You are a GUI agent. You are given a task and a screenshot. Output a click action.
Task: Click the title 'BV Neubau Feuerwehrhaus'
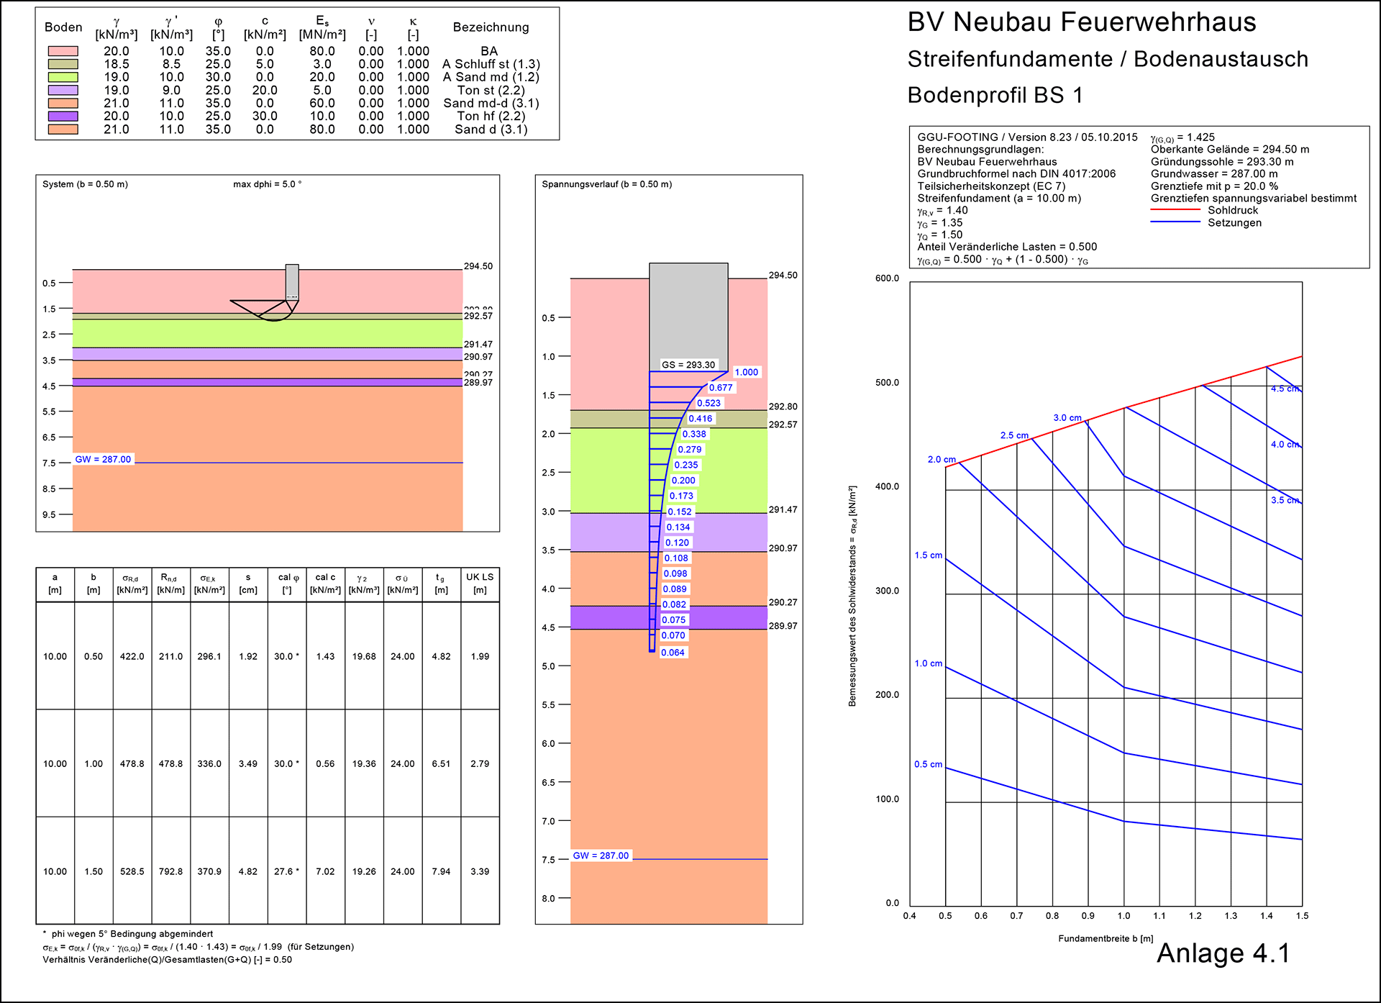click(1081, 22)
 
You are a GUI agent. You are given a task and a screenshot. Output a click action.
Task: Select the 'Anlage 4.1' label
click(1223, 953)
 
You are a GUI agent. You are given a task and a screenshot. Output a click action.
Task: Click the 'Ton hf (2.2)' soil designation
click(491, 116)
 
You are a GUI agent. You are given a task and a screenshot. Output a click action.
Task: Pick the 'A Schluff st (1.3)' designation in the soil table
click(491, 64)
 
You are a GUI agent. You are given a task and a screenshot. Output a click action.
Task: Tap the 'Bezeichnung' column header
click(491, 27)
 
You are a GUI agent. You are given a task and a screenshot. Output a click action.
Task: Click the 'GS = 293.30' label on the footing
click(688, 365)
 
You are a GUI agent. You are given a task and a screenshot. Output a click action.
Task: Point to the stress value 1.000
click(746, 372)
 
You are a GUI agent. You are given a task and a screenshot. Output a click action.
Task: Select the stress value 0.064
click(673, 653)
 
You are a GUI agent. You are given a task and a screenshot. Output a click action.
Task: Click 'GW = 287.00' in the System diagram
click(104, 459)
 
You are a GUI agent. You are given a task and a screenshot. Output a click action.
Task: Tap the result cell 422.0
click(132, 656)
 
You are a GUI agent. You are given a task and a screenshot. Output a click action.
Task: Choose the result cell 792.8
click(171, 871)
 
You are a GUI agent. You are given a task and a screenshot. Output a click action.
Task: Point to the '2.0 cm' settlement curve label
click(942, 459)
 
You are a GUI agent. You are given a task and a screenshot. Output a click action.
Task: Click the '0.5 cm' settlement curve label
click(928, 764)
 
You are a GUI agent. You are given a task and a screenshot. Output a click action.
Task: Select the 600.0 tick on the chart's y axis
click(887, 278)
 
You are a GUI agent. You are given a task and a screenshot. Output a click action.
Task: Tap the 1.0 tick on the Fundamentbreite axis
click(1124, 916)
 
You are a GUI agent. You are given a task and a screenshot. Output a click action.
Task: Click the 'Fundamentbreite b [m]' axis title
click(1106, 938)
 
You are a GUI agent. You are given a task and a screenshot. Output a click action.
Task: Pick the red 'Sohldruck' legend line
click(1175, 210)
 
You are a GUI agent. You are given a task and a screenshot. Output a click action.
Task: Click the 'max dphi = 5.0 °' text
click(268, 184)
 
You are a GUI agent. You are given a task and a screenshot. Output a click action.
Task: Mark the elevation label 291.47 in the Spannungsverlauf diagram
click(783, 509)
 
